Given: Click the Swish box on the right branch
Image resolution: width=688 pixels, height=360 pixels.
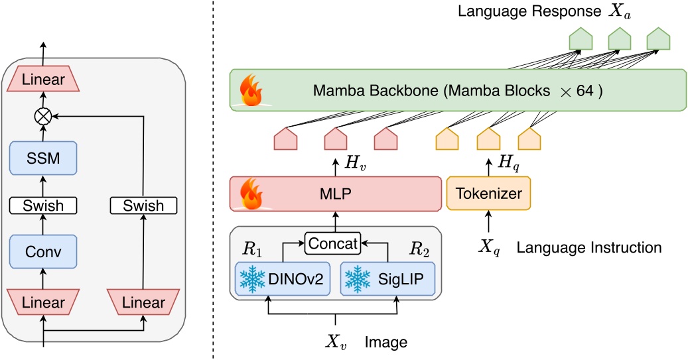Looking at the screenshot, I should click(x=144, y=206).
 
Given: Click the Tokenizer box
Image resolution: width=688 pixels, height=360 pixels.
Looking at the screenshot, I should click(x=489, y=194).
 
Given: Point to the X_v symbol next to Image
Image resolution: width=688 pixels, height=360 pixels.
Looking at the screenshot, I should click(x=336, y=341).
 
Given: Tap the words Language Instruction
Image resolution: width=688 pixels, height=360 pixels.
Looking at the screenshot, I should click(x=588, y=248).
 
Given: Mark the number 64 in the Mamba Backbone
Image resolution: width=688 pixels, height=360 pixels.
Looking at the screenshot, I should click(x=586, y=91).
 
